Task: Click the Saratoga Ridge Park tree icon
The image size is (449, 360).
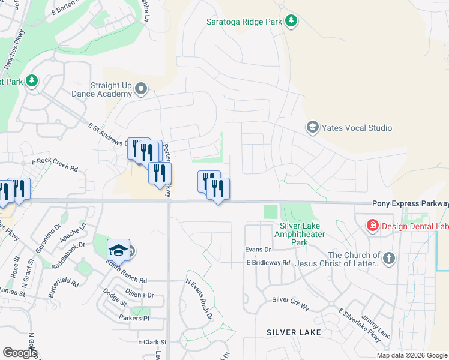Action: coord(291,22)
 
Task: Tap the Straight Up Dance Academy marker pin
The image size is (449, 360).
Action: coord(141,89)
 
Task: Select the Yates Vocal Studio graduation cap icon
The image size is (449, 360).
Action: coord(312,127)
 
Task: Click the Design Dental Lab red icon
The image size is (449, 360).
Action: coord(372,226)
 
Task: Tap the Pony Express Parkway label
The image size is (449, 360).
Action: coord(410,204)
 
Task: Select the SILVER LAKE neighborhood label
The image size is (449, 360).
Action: coord(294,332)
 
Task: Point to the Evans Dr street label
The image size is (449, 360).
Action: coord(258,249)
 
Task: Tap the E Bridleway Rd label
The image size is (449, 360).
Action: coord(268,263)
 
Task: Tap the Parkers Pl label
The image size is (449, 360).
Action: coord(133,317)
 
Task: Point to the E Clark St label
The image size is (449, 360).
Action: coord(151,342)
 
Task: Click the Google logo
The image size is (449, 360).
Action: coord(20,353)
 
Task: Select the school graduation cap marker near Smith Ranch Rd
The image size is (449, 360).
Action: coord(119,250)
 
